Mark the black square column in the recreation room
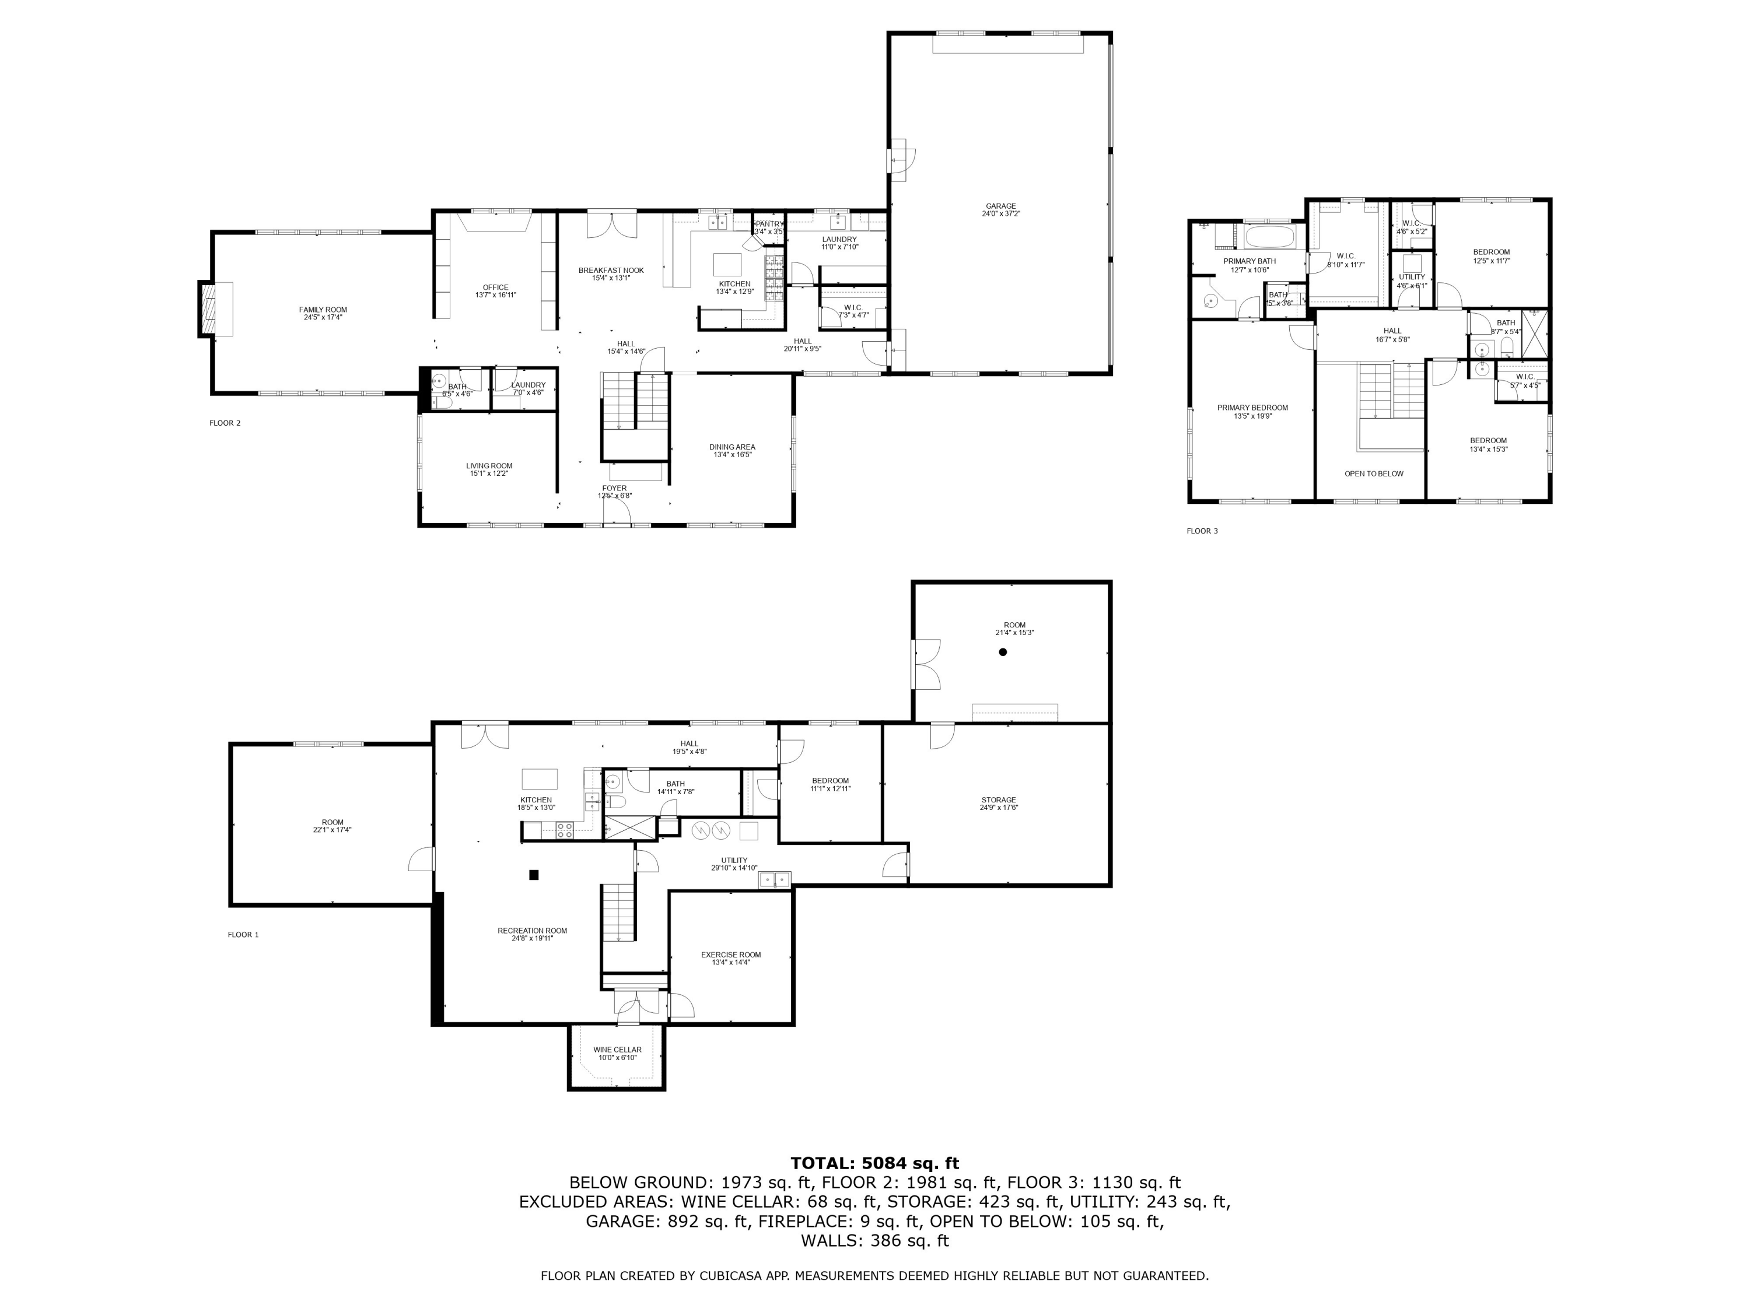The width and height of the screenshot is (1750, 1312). point(534,875)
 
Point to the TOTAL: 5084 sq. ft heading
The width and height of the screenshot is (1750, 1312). point(874,1163)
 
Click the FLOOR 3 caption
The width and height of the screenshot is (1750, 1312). point(1202,531)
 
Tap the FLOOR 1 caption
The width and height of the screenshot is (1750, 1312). point(243,935)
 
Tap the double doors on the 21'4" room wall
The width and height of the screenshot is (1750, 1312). point(926,664)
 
